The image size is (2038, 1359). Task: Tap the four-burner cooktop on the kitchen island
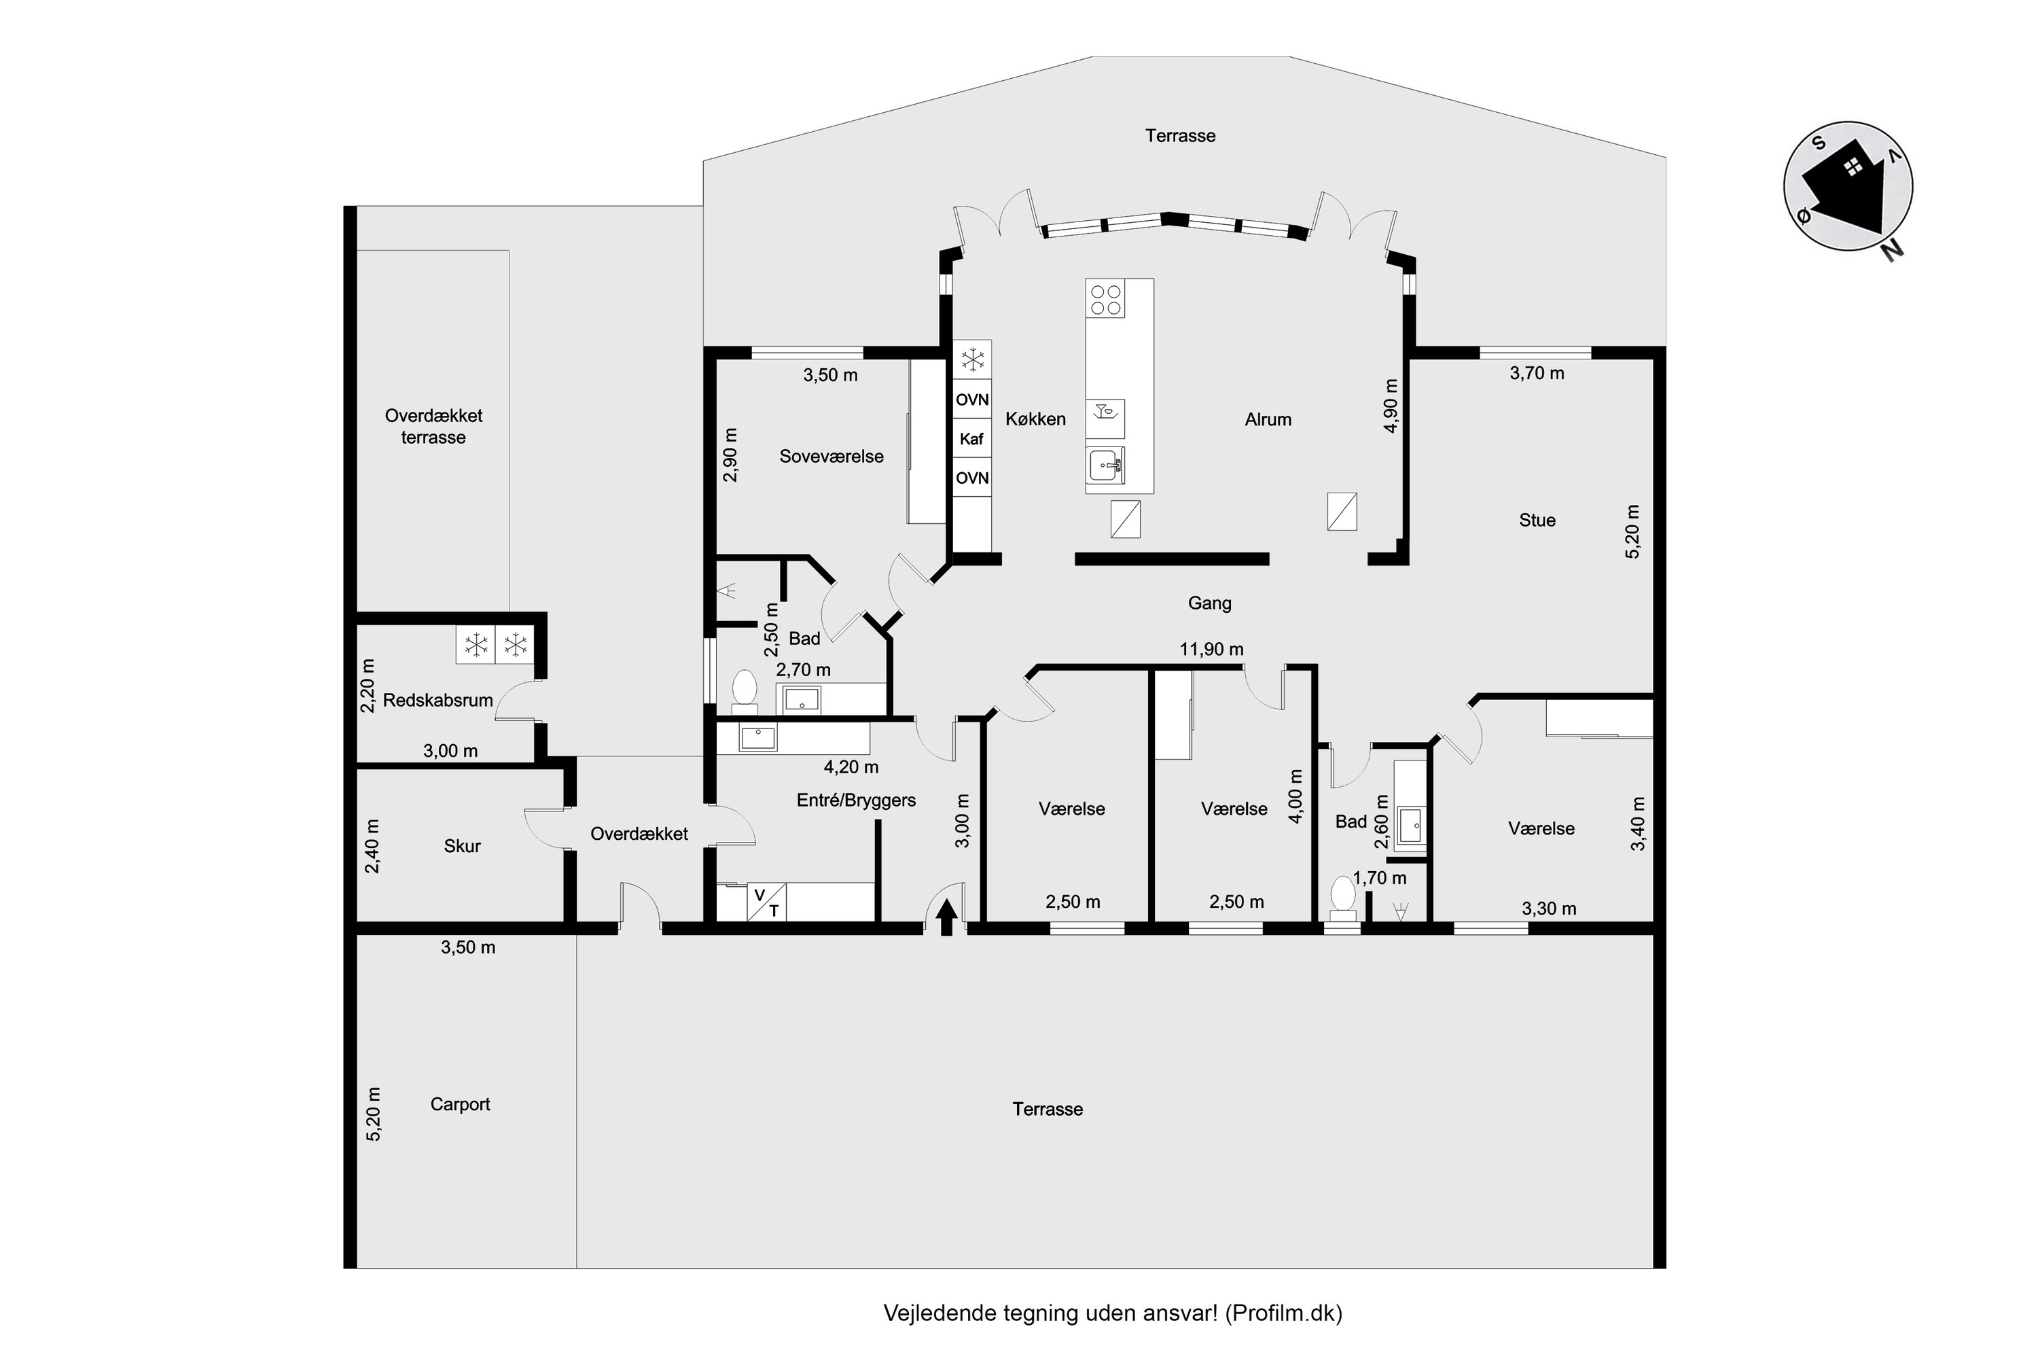point(1107,300)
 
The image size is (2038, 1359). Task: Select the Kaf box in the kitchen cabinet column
point(972,438)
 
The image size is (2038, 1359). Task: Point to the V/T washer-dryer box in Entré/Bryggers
point(767,902)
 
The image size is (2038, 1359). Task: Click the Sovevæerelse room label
point(831,457)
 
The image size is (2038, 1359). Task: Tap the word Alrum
point(1268,419)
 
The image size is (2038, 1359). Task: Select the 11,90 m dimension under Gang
point(1211,649)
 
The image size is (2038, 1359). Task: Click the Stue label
point(1537,520)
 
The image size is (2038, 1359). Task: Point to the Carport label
point(460,1104)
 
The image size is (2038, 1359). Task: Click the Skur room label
point(462,846)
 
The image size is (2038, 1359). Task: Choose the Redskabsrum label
point(437,701)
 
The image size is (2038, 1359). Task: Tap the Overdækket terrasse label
point(433,427)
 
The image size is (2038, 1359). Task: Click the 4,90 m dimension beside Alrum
point(1391,406)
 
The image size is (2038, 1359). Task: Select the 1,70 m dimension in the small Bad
point(1380,878)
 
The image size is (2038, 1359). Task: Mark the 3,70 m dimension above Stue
point(1537,374)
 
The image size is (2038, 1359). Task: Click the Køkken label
point(1035,419)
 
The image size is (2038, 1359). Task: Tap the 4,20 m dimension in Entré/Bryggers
point(851,767)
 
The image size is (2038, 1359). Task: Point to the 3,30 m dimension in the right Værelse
point(1550,908)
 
